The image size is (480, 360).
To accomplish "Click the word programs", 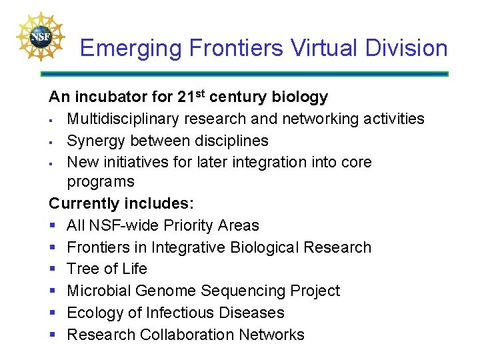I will click(101, 181).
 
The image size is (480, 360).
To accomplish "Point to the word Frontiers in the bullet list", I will click(99, 247).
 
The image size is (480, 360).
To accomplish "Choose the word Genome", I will click(165, 291).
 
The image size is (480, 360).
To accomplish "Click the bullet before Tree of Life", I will click(53, 269).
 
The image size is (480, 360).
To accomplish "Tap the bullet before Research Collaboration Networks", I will click(53, 335).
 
